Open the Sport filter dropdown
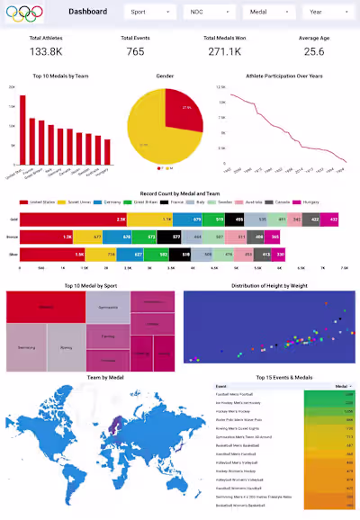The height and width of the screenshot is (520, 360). coord(149,13)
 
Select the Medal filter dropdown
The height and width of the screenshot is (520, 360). coord(267,13)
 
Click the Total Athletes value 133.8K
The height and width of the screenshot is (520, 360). coord(46,51)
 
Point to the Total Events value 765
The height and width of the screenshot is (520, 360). coord(135,51)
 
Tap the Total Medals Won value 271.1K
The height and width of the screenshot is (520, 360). coord(224,51)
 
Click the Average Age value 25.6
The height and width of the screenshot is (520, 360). coord(313,51)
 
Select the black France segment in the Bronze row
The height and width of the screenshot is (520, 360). coord(176,237)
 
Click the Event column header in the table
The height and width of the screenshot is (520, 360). coord(221,385)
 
